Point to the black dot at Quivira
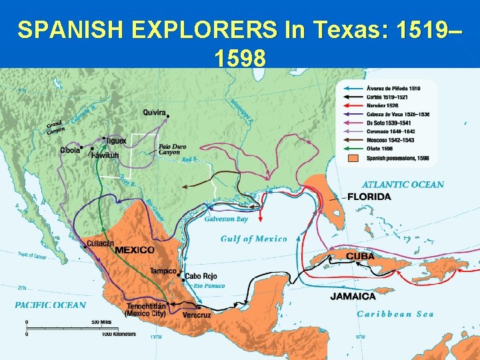pyautogui.click(x=169, y=117)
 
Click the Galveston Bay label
pyautogui.click(x=226, y=219)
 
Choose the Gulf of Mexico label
pyautogui.click(x=253, y=239)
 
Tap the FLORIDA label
pyautogui.click(x=369, y=197)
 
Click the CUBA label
pyautogui.click(x=359, y=256)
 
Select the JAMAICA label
pyautogui.click(x=353, y=296)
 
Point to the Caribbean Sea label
pyautogui.click(x=395, y=314)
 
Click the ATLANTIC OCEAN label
pyautogui.click(x=403, y=185)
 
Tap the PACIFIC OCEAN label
pyautogui.click(x=51, y=305)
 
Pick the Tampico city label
pyautogui.click(x=163, y=271)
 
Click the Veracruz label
pyautogui.click(x=197, y=315)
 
